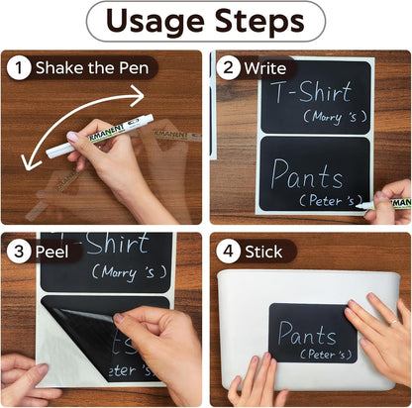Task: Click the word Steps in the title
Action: coord(259,20)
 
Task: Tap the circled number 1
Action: coord(19,67)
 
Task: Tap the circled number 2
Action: coord(228,67)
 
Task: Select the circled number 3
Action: coord(19,252)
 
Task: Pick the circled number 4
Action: coord(228,252)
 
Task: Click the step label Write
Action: coord(265,68)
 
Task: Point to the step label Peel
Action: coord(51,252)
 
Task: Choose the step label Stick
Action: coord(263,252)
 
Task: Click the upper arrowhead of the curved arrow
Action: coord(138,96)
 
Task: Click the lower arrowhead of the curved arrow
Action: coord(29,162)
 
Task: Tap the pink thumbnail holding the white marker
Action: coord(72,137)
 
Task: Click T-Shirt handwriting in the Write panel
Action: coord(312,91)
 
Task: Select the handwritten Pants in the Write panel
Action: coord(306,174)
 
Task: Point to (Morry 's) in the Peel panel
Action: coord(129,272)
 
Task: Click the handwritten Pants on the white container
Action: coord(307,333)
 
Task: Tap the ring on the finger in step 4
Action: coord(394,322)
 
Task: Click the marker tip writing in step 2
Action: coord(359,207)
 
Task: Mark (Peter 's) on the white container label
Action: coord(326,355)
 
